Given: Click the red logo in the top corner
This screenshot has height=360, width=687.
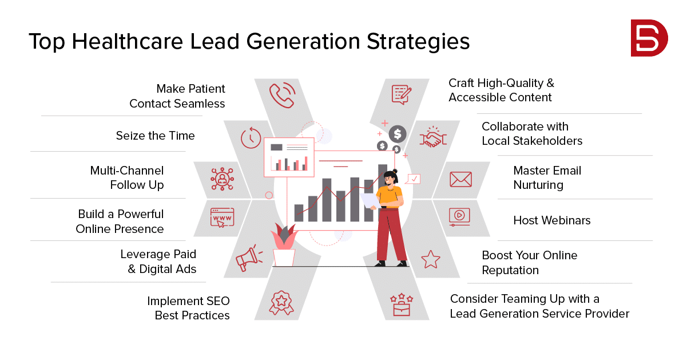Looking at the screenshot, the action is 649,38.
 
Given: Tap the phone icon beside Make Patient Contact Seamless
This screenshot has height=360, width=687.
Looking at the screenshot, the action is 282,95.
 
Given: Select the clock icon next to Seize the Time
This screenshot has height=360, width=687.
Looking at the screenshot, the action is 251,138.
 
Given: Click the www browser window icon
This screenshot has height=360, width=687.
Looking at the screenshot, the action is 222,217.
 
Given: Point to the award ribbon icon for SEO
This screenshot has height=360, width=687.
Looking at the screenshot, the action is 281,303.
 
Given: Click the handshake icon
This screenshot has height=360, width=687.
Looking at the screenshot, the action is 433,137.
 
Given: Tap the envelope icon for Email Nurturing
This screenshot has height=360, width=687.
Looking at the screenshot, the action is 460,179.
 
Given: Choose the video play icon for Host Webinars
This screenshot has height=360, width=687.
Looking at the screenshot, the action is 459,217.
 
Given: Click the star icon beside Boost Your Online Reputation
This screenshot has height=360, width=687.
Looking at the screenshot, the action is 431,260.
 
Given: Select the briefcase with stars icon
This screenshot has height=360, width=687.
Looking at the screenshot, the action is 402,304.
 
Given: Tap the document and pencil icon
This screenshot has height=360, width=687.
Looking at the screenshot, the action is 402,94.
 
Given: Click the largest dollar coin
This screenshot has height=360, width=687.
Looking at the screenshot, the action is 398,134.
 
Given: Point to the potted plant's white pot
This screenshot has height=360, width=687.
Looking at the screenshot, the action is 284,257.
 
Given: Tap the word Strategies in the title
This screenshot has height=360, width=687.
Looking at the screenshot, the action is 418,41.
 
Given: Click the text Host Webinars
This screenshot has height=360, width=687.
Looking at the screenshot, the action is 552,220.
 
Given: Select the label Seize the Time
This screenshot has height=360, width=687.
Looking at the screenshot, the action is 155,135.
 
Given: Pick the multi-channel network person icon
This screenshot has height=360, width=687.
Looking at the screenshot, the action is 222,179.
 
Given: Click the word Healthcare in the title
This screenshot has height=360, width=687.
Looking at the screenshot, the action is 128,41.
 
